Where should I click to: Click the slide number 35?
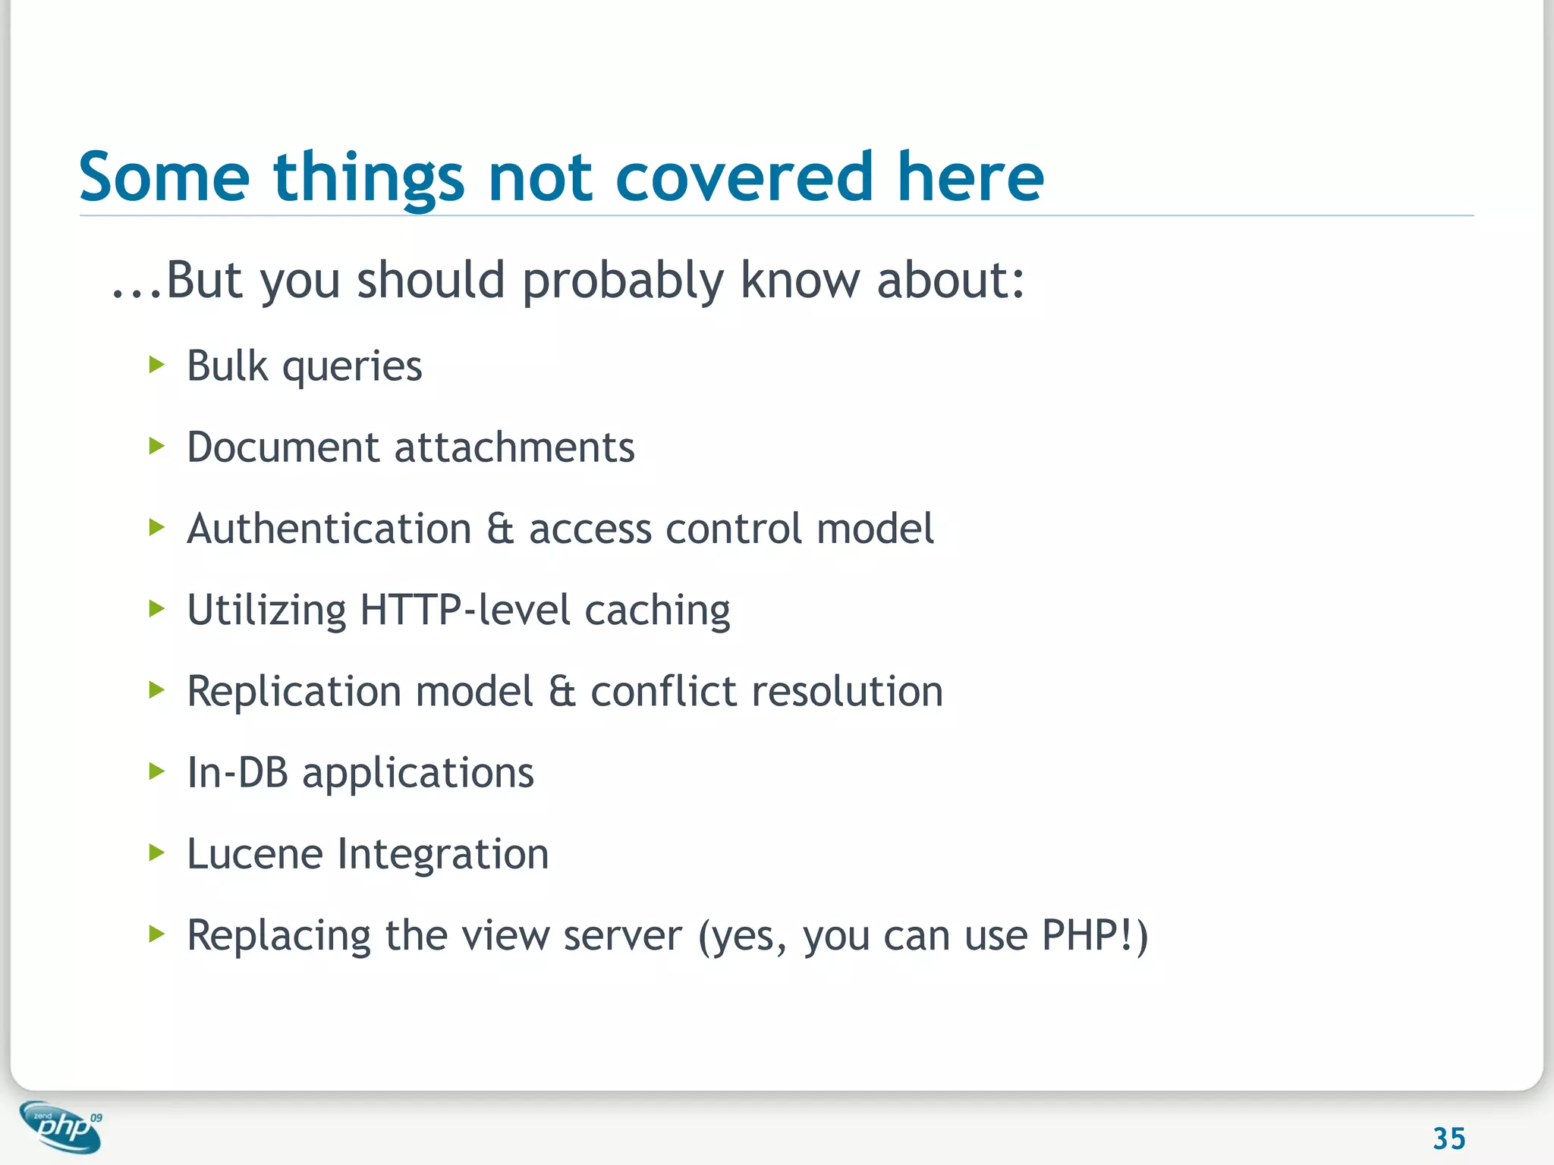(1449, 1138)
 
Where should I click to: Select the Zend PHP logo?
(61, 1127)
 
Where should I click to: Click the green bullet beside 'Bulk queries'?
(157, 366)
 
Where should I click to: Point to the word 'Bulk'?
(227, 366)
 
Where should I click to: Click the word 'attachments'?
(514, 447)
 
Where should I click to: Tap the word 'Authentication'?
(329, 529)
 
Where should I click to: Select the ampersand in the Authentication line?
(500, 529)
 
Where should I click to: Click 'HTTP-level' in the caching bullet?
(464, 610)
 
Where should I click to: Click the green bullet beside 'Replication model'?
(157, 690)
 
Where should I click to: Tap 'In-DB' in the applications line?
(238, 773)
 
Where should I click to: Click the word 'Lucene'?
(255, 854)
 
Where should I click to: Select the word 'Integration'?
(442, 854)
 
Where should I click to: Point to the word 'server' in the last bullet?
(622, 937)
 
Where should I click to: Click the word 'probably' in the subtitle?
(623, 281)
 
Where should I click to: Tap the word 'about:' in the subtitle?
(950, 281)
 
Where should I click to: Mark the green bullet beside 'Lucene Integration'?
(157, 853)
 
